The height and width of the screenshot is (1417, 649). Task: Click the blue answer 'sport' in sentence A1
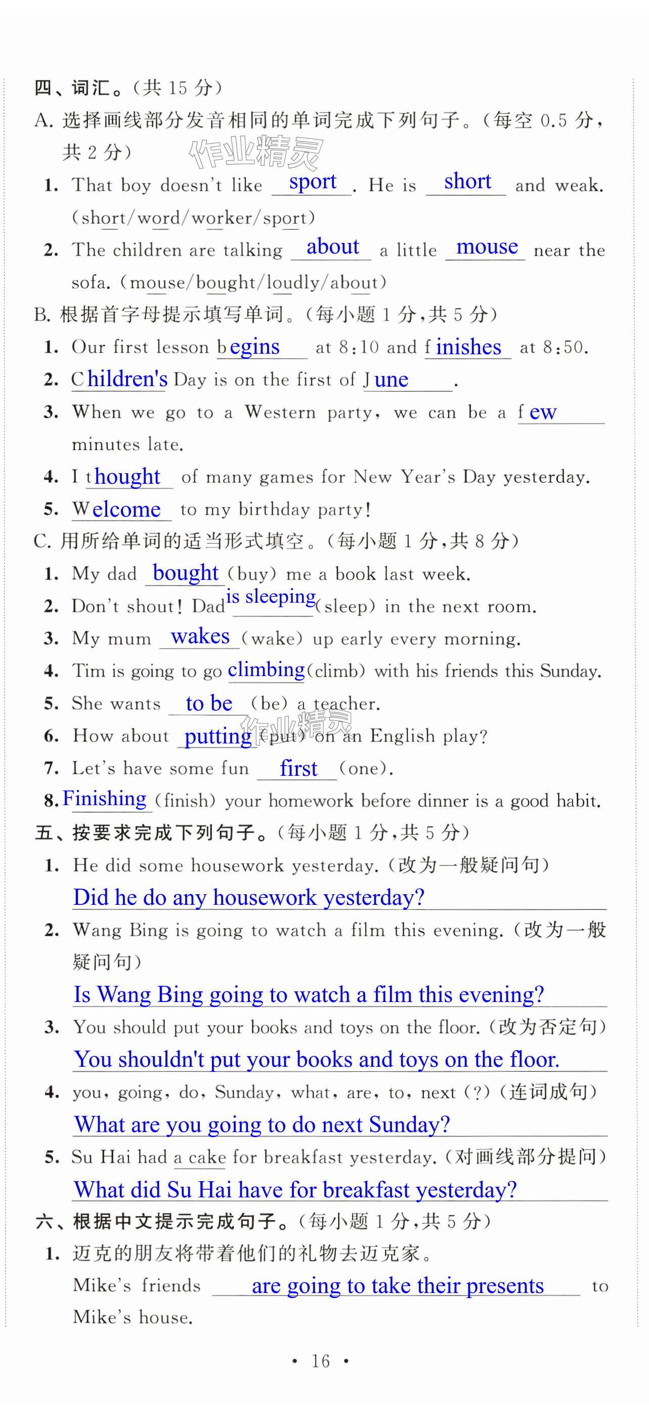tap(313, 182)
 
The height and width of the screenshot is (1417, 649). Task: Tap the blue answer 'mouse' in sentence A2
tap(487, 247)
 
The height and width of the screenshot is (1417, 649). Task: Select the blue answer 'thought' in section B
tap(126, 476)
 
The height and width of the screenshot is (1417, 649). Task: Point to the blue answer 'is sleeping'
tap(271, 596)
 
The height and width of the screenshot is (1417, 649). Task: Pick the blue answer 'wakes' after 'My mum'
tap(200, 637)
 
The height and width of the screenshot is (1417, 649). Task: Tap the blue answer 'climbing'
tap(266, 670)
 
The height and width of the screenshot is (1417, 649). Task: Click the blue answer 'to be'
tap(209, 703)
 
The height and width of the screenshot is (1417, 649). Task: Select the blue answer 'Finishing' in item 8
tap(105, 799)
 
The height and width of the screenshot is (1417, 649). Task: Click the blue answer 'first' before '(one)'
tap(298, 768)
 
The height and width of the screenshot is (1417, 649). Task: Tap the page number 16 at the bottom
tap(321, 1361)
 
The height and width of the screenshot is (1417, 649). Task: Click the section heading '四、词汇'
tap(71, 88)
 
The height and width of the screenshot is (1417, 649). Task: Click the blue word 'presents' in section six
tap(504, 1286)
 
